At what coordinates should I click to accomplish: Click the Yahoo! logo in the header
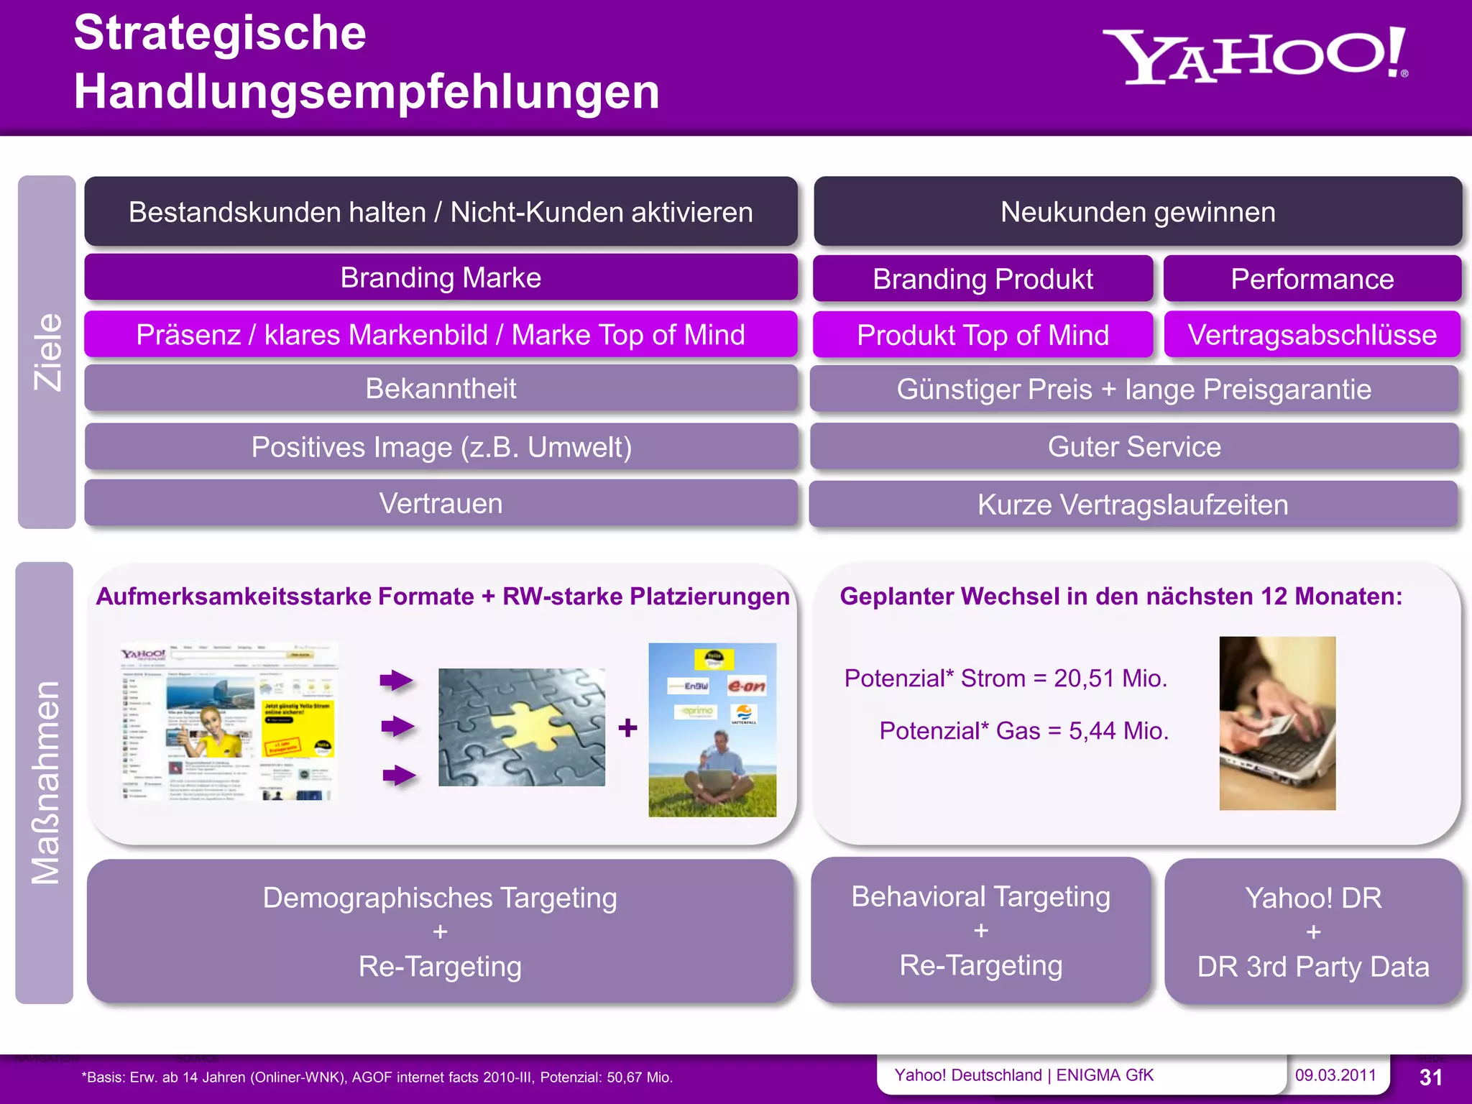point(1254,56)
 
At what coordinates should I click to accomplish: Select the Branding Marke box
point(441,277)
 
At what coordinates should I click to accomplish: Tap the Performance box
point(1312,279)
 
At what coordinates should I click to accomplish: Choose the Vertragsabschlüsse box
point(1312,335)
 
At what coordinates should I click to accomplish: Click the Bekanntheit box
point(441,388)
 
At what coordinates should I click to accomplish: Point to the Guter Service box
point(1134,446)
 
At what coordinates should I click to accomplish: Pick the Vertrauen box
point(441,503)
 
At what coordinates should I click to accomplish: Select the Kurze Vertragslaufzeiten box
point(1133,505)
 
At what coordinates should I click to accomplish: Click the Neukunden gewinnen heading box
point(1138,212)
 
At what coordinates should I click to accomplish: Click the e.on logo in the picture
point(747,685)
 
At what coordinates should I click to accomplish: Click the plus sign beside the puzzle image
point(627,728)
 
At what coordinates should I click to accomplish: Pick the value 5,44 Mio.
point(1118,730)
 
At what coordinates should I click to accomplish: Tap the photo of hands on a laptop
point(1277,723)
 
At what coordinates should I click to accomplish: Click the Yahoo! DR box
point(1313,931)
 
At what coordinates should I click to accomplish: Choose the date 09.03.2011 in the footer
point(1335,1075)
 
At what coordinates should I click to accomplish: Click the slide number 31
point(1430,1077)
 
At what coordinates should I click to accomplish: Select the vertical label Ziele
point(47,352)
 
